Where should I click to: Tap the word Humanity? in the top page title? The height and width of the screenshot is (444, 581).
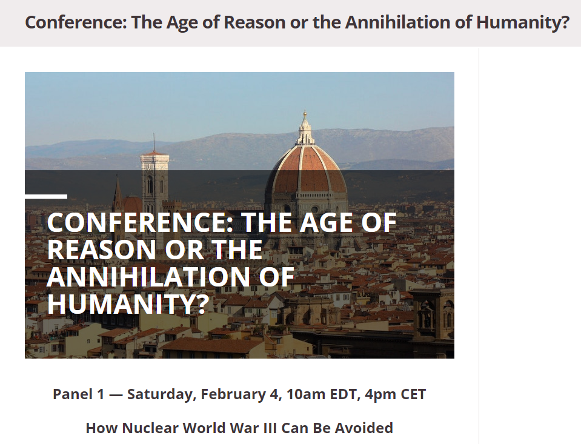pyautogui.click(x=523, y=22)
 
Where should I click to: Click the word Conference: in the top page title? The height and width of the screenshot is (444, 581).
pyautogui.click(x=76, y=22)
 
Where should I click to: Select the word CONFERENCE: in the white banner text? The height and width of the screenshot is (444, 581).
pyautogui.click(x=141, y=222)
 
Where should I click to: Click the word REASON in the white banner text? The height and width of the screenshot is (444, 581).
pyautogui.click(x=101, y=250)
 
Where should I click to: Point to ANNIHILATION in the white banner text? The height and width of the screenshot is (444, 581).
pyautogui.click(x=148, y=277)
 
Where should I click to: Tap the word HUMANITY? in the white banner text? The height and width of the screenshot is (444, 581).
pyautogui.click(x=128, y=304)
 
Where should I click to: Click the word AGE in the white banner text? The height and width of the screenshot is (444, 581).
pyautogui.click(x=326, y=222)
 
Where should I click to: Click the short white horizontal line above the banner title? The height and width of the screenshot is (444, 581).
pyautogui.click(x=46, y=196)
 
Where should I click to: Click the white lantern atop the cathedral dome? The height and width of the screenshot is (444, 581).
pyautogui.click(x=305, y=130)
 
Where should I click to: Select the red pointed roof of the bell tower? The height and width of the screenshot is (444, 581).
pyautogui.click(x=154, y=152)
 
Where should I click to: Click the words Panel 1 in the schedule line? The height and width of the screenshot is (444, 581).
pyautogui.click(x=79, y=394)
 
